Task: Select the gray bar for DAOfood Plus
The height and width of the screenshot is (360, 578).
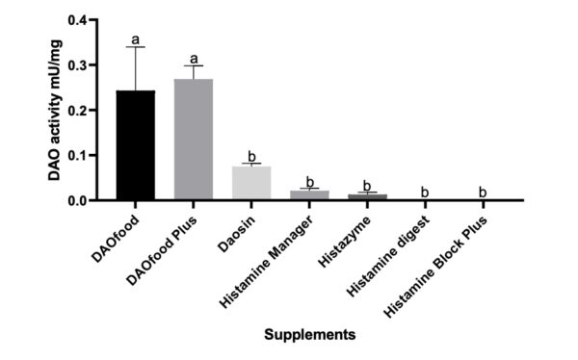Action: pyautogui.click(x=194, y=140)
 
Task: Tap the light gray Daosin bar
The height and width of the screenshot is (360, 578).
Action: pyautogui.click(x=251, y=183)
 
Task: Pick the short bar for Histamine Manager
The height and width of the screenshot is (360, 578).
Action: pyautogui.click(x=309, y=195)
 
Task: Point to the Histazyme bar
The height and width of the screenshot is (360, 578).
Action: pyautogui.click(x=367, y=197)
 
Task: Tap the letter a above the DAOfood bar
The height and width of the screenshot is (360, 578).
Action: pyautogui.click(x=136, y=39)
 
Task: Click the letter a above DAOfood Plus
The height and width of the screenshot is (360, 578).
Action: pyautogui.click(x=194, y=58)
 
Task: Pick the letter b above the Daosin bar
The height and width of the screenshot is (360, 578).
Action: pyautogui.click(x=251, y=155)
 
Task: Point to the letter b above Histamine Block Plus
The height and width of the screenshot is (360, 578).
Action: pyautogui.click(x=483, y=192)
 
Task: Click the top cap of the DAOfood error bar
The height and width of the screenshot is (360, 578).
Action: pyautogui.click(x=136, y=47)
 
